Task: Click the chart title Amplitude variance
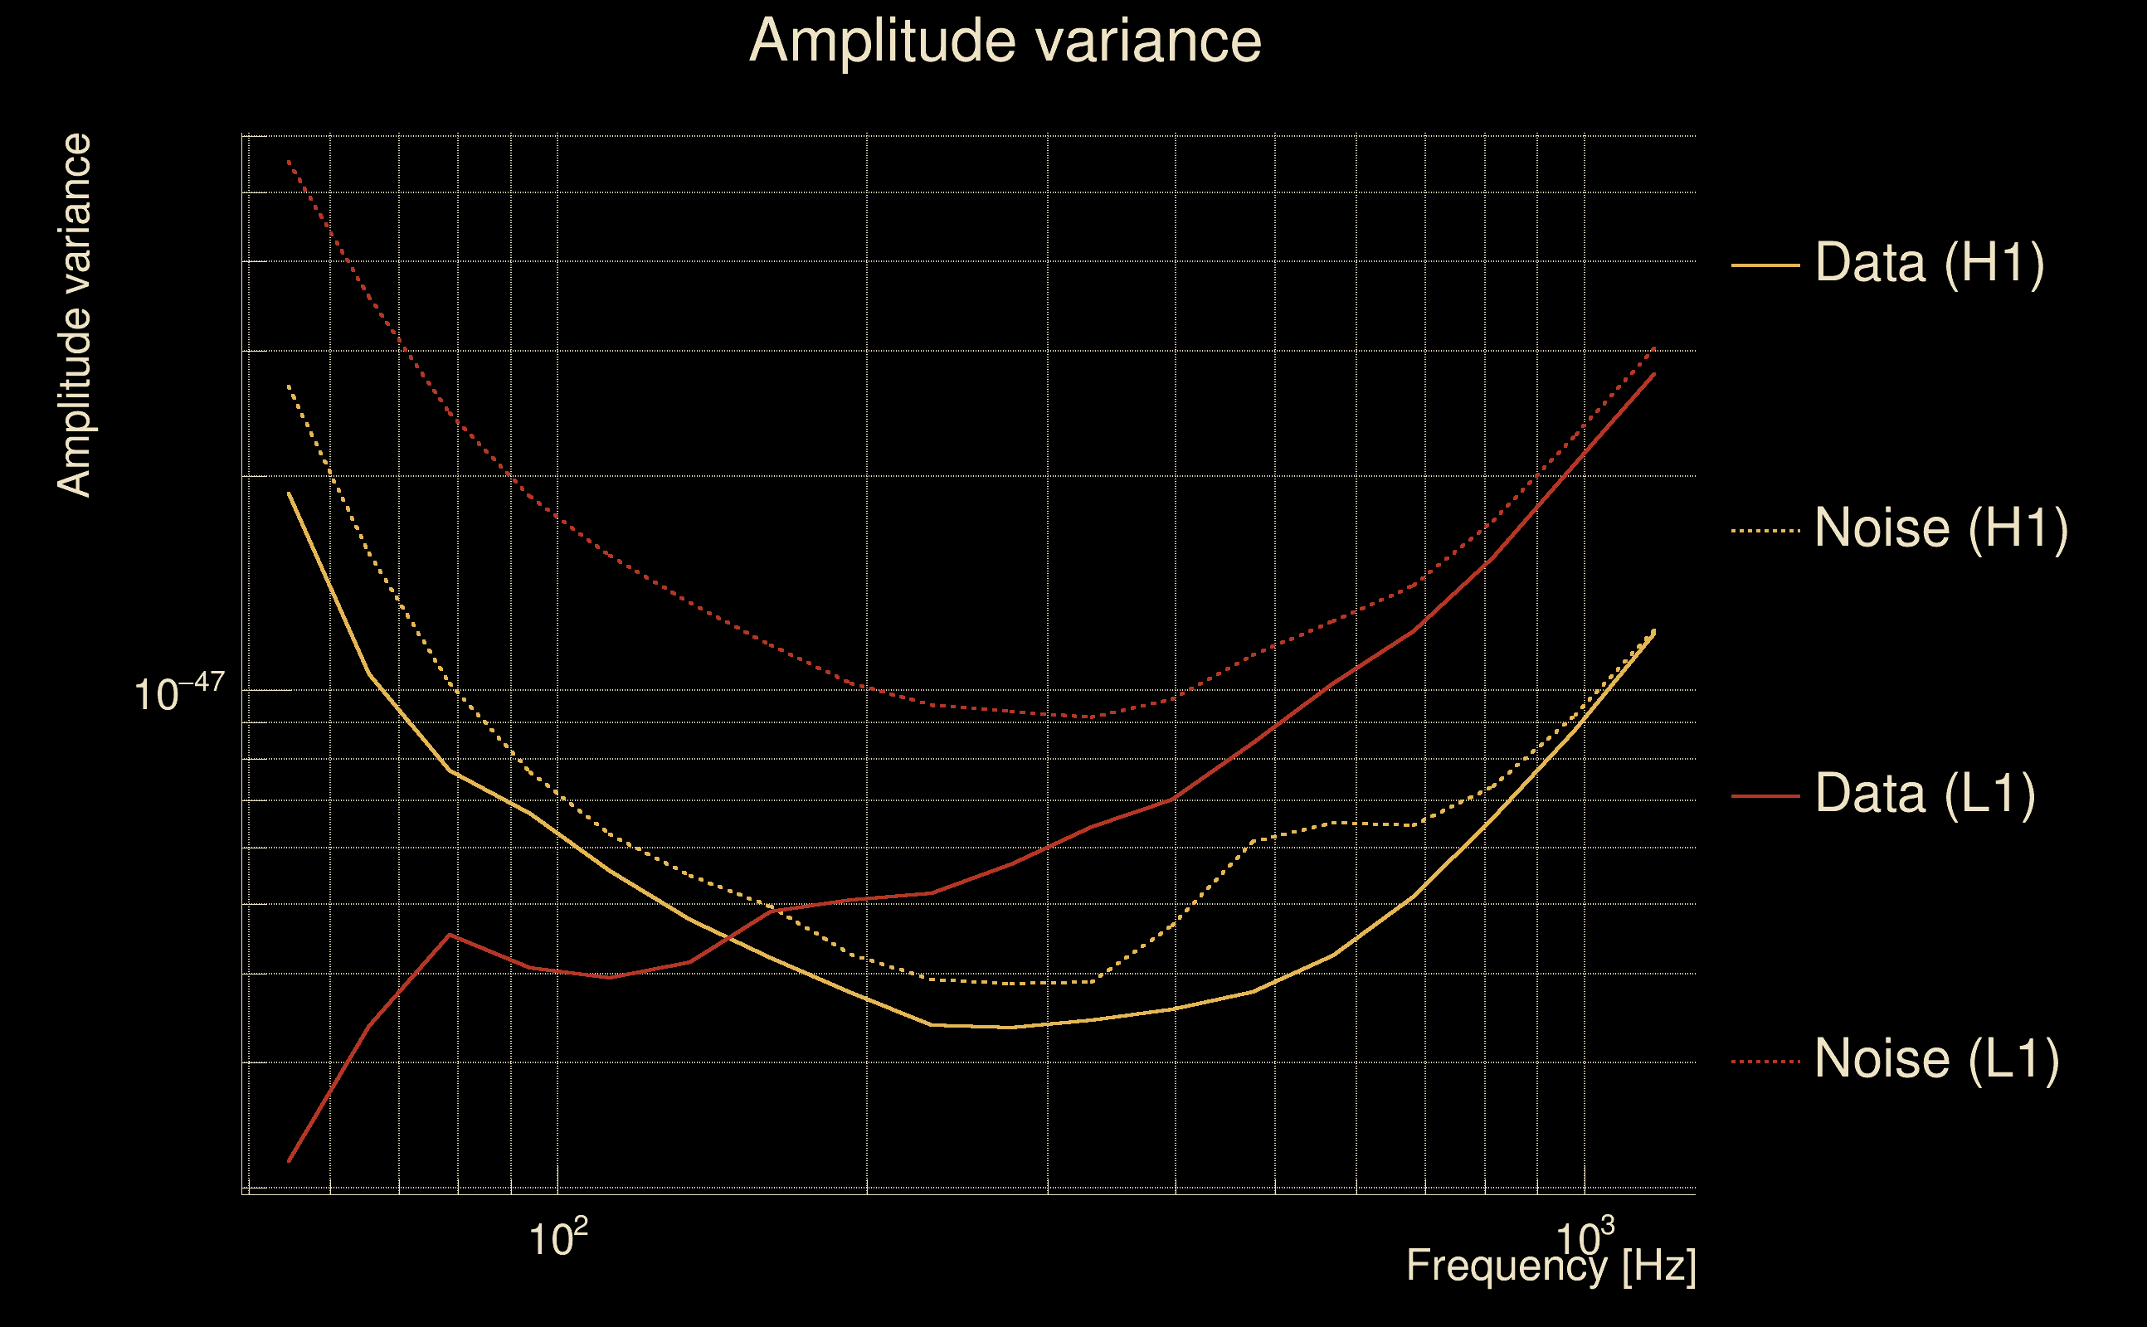(x=1005, y=41)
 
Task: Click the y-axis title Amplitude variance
(x=75, y=316)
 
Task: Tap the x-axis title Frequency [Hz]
(x=1551, y=1266)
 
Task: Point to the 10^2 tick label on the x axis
(x=557, y=1238)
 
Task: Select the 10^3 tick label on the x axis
(x=1584, y=1238)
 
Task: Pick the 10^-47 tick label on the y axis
(x=179, y=693)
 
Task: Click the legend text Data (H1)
(x=1930, y=262)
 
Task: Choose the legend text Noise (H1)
(x=1940, y=528)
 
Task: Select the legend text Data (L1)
(x=1924, y=795)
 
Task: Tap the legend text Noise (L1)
(x=1936, y=1059)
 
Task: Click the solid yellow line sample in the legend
(x=1765, y=265)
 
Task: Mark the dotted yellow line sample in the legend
(x=1765, y=530)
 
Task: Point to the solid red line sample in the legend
(x=1765, y=796)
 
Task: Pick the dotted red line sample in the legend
(x=1765, y=1061)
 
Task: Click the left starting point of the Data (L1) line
(x=289, y=1161)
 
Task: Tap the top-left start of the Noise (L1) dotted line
(x=289, y=162)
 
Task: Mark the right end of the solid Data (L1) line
(x=1654, y=374)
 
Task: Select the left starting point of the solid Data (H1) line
(x=289, y=493)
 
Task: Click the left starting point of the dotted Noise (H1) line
(x=289, y=386)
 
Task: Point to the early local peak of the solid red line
(x=450, y=934)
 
